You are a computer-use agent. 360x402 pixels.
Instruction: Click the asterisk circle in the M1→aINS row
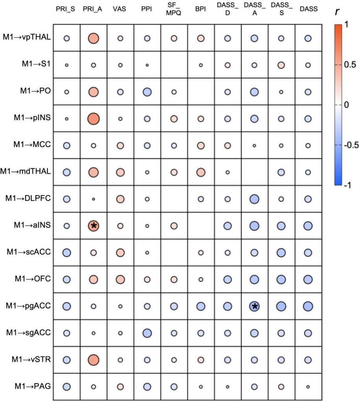pos(94,226)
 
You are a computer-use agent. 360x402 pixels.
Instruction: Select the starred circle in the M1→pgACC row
pos(254,306)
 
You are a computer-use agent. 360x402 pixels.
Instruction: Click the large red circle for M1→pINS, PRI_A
pos(94,118)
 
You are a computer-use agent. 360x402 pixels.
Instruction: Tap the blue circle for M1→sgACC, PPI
pos(147,333)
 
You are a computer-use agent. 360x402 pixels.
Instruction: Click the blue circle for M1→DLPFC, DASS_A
pos(254,199)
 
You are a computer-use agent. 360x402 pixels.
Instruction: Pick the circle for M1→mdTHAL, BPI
pos(200,172)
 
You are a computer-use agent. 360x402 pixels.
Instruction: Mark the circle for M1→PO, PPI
pos(147,92)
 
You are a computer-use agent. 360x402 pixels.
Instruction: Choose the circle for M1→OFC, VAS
pos(120,279)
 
